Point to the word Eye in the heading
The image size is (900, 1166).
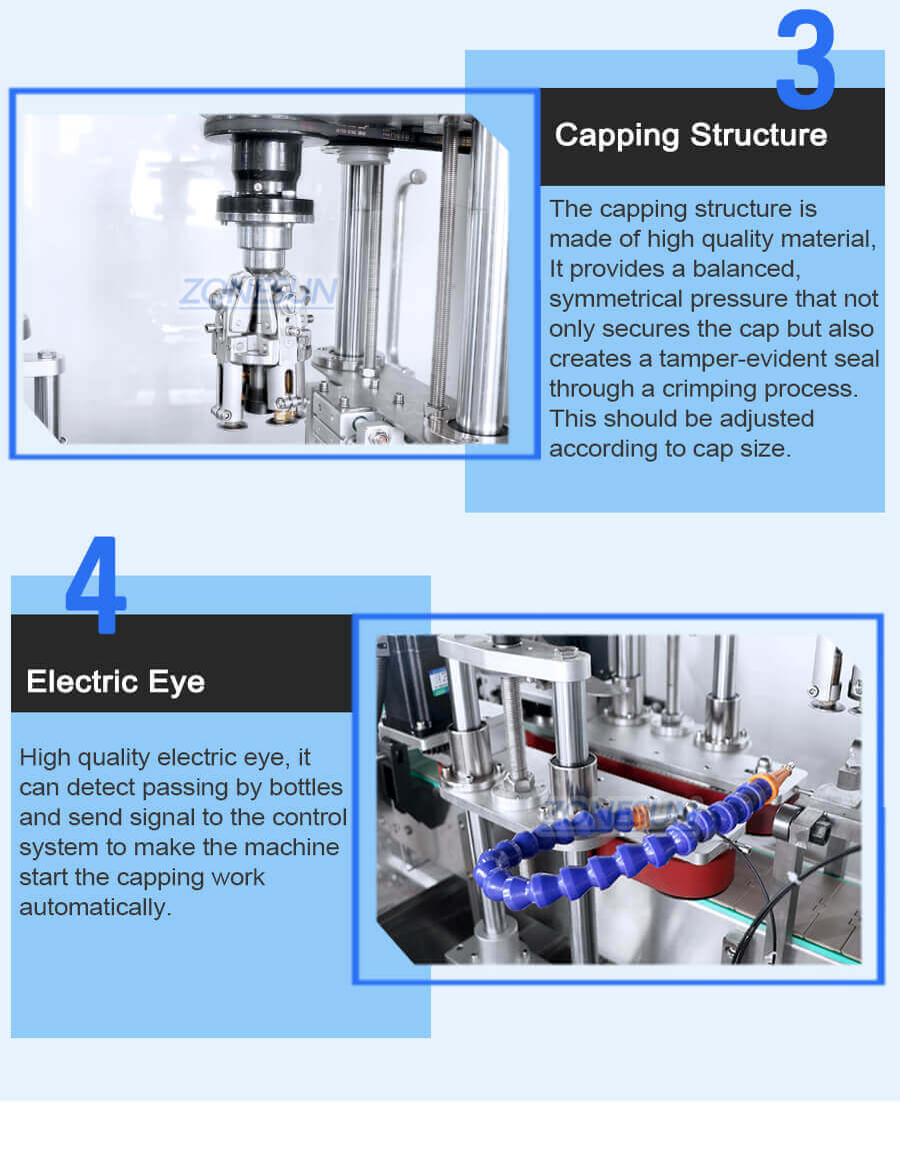178,682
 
